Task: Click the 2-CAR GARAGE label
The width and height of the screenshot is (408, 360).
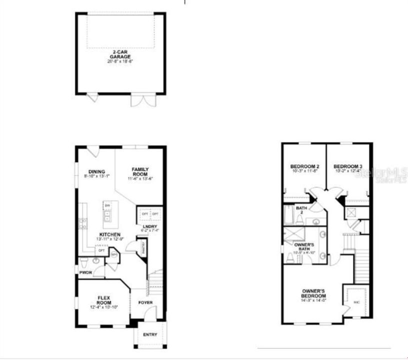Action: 120,54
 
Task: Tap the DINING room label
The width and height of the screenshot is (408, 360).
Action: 96,171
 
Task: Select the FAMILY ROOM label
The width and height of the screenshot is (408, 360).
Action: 140,171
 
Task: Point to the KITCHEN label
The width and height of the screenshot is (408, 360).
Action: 109,234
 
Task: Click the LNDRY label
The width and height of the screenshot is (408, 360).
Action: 148,226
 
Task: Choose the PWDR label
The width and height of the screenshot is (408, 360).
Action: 85,272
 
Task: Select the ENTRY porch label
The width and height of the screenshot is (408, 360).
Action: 149,334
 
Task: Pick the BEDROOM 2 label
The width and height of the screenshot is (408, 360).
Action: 304,166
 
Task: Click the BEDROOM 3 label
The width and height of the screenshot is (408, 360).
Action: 347,166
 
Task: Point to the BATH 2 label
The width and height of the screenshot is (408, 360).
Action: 301,210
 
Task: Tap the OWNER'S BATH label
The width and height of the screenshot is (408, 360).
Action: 304,246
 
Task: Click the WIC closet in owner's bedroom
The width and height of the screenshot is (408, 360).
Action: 356,302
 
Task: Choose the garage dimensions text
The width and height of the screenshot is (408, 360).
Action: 120,61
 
